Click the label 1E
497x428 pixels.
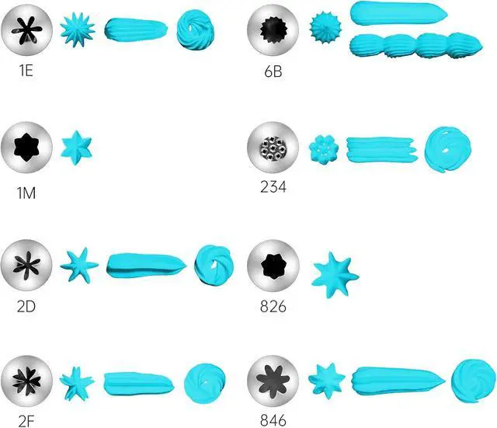pyautogui.click(x=26, y=70)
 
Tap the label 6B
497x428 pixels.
pyautogui.click(x=273, y=71)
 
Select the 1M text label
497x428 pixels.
pyautogui.click(x=26, y=193)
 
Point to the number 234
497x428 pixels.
pyautogui.click(x=273, y=186)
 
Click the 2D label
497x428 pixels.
pyautogui.click(x=26, y=306)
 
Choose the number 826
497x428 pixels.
pyautogui.click(x=273, y=306)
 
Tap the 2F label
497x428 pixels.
pyautogui.click(x=26, y=421)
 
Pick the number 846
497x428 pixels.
pyautogui.click(x=273, y=420)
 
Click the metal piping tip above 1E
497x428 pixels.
pyautogui.click(x=26, y=30)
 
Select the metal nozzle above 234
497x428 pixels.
pyautogui.click(x=273, y=148)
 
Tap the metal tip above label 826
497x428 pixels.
pyautogui.click(x=273, y=266)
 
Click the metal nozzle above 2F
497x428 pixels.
pyautogui.click(x=26, y=381)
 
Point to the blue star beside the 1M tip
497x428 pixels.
pyautogui.click(x=76, y=148)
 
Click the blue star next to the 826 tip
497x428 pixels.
pyautogui.click(x=335, y=275)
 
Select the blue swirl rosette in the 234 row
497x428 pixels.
pyautogui.click(x=447, y=149)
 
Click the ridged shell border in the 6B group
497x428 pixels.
pyautogui.click(x=416, y=47)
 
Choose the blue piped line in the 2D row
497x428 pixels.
pyautogui.click(x=147, y=266)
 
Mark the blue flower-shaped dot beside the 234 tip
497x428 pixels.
pyautogui.click(x=324, y=149)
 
